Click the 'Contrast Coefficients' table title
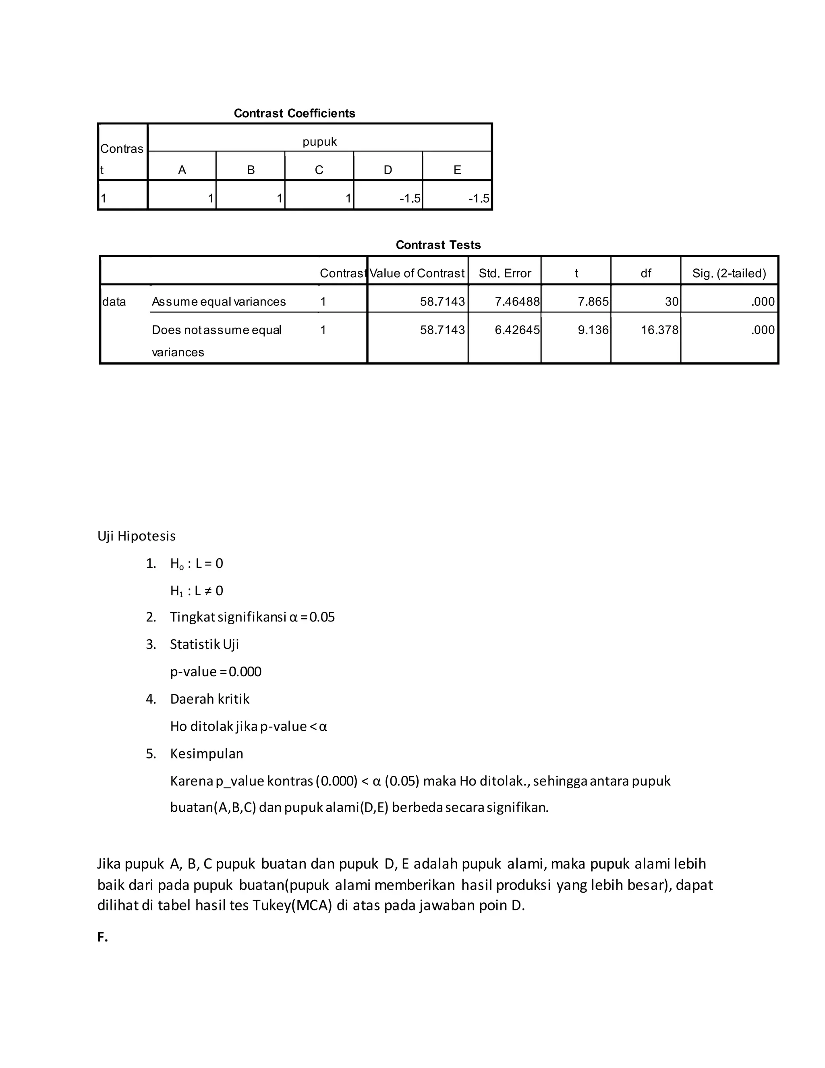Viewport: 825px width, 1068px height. coord(294,114)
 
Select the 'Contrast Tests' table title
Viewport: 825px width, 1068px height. coord(438,245)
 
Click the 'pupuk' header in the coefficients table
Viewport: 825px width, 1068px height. coord(319,142)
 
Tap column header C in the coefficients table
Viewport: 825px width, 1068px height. coord(319,170)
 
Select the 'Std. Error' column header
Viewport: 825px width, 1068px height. coord(505,273)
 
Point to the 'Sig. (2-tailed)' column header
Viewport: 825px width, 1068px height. coord(729,273)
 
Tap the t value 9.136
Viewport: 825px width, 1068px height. coord(593,330)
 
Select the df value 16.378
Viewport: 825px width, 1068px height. coord(660,330)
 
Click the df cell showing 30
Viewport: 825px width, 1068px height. coord(672,302)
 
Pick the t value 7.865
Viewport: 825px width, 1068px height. coord(593,302)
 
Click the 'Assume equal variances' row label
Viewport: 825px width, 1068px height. coord(218,302)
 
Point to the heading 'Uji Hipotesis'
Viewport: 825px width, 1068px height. coord(137,536)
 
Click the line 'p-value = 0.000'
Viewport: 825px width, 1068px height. coord(216,671)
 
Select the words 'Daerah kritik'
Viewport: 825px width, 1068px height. coord(209,699)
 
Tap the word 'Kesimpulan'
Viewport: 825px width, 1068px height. coord(206,754)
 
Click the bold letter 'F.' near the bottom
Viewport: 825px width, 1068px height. coord(102,937)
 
